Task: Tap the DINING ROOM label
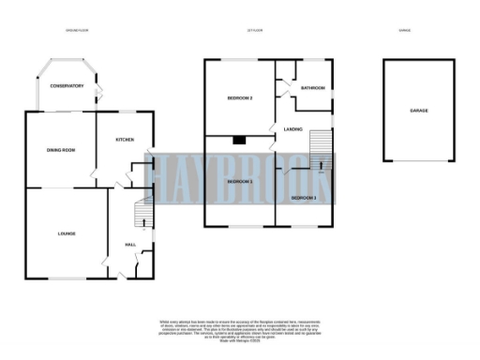[x=61, y=150]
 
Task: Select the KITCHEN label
[x=125, y=140]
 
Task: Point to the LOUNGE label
[x=66, y=233]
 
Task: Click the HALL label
[x=131, y=245]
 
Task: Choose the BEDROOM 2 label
[x=241, y=97]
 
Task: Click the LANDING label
[x=292, y=129]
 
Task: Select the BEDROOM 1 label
[x=241, y=181]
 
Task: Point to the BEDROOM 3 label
[x=304, y=199]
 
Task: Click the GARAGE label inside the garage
[x=418, y=111]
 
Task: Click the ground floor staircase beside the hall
[x=142, y=217]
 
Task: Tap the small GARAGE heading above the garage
[x=406, y=31]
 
